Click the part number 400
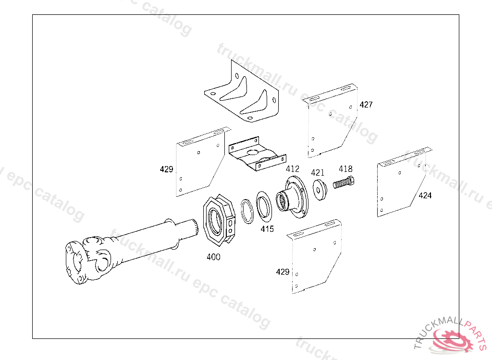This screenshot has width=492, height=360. (x=213, y=257)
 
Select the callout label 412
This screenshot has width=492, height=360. (x=293, y=168)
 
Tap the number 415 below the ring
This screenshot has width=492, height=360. (x=267, y=229)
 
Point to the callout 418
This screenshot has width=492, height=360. (x=345, y=168)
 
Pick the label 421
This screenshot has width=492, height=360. (x=318, y=172)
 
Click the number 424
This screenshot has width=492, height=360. (x=425, y=195)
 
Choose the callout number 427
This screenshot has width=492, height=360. (x=366, y=105)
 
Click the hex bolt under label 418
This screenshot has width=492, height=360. (x=344, y=182)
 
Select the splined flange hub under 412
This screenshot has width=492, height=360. (x=292, y=197)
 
